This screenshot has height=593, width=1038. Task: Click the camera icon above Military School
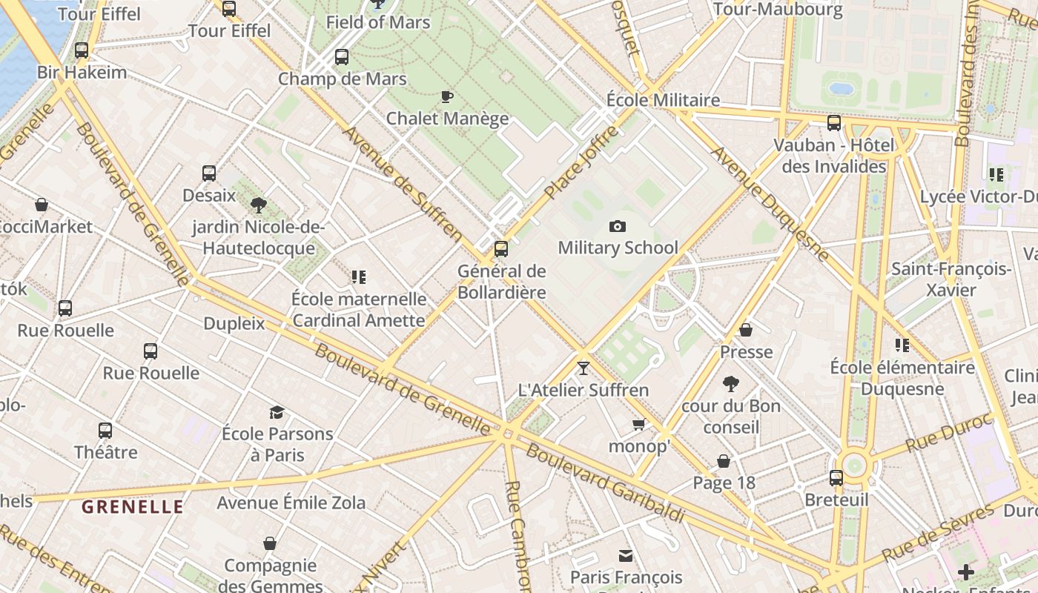(x=617, y=226)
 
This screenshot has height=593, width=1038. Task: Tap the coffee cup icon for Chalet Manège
(x=447, y=96)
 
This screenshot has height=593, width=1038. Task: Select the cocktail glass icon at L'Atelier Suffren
(x=584, y=368)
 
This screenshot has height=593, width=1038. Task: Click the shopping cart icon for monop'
(x=638, y=425)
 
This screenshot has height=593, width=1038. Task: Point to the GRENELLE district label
(x=133, y=507)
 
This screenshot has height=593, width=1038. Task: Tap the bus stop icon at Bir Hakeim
(x=82, y=50)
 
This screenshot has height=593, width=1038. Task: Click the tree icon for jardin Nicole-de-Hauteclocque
(x=259, y=205)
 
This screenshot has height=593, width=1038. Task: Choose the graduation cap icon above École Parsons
(x=277, y=412)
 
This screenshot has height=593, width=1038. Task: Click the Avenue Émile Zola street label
(x=291, y=503)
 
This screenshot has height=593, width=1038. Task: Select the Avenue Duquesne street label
(x=770, y=204)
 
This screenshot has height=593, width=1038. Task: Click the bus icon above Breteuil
(x=836, y=478)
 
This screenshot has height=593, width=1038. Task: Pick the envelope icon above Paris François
(x=626, y=555)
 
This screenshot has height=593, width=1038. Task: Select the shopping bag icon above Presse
(x=746, y=330)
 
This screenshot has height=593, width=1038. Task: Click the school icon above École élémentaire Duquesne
(x=902, y=345)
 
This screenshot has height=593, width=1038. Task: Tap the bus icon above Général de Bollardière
(x=501, y=249)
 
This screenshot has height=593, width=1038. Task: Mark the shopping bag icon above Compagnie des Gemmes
(x=270, y=543)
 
